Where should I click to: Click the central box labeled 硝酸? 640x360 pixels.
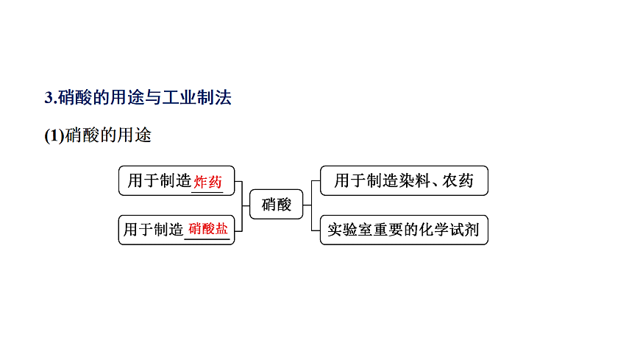[277, 205]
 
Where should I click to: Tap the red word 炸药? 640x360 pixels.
[207, 182]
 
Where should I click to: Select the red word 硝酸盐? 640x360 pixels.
[207, 229]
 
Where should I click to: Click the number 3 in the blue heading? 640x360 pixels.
[49, 98]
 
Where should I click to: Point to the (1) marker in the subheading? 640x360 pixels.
[54, 135]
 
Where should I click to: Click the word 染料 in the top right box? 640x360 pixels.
[415, 180]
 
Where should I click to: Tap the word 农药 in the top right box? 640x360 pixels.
[458, 180]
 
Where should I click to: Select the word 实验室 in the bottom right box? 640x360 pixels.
[350, 230]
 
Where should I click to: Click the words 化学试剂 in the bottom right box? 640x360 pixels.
[449, 230]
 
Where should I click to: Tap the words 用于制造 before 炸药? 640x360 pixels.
[159, 180]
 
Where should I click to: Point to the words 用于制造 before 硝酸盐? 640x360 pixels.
[153, 230]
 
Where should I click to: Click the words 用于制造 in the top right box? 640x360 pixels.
[366, 180]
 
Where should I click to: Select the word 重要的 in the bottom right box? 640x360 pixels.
[396, 230]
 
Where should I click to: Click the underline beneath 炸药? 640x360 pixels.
[207, 191]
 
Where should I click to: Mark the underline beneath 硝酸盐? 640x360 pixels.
[207, 239]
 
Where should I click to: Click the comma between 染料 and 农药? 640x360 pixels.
[435, 185]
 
